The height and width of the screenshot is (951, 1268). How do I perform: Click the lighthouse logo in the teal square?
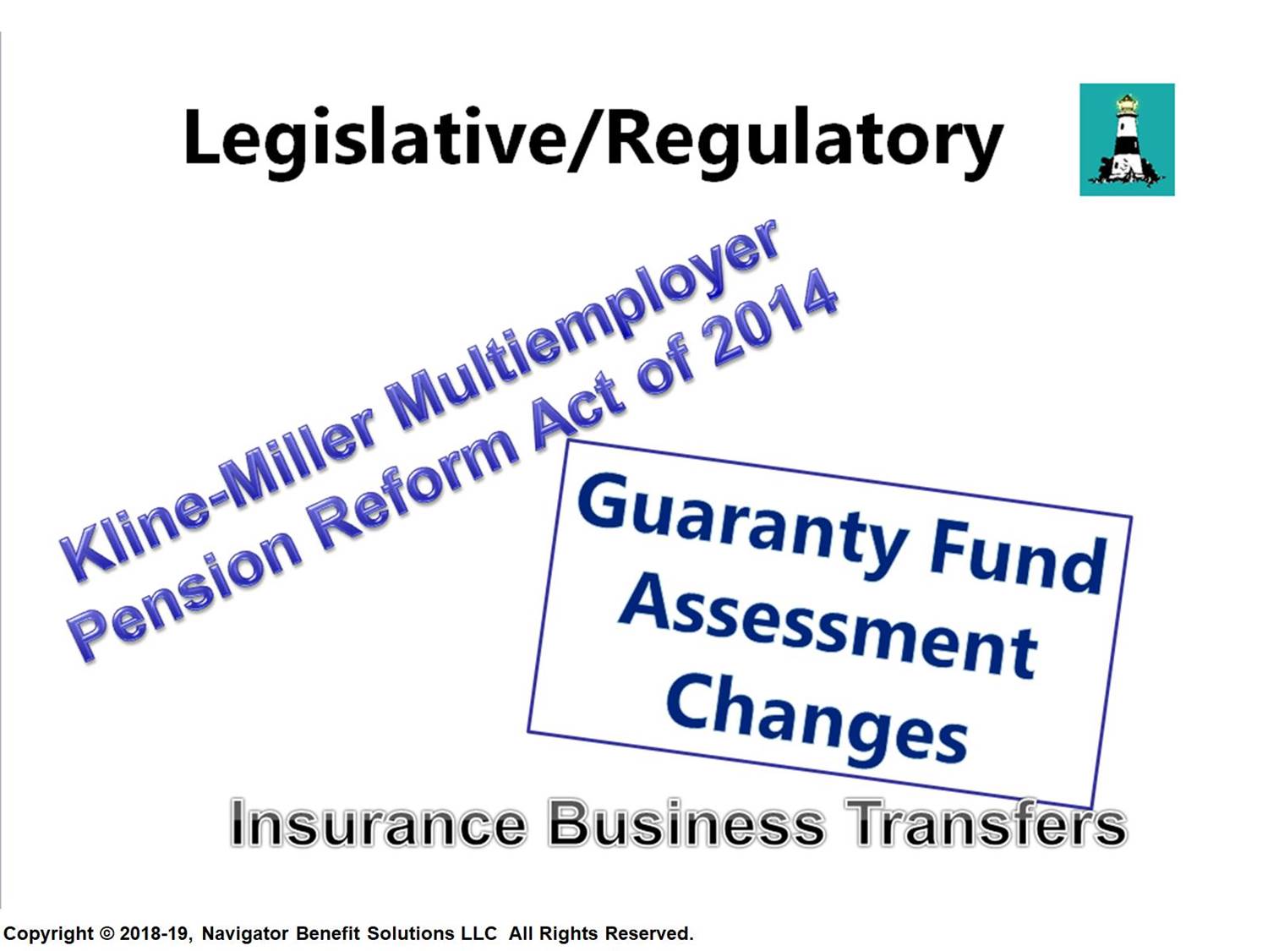1127,139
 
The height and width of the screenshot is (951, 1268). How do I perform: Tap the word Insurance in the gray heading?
379,824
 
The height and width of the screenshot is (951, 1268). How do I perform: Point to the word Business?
686,824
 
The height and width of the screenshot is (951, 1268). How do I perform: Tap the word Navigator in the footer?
245,934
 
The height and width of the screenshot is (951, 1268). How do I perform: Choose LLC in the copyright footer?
478,933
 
